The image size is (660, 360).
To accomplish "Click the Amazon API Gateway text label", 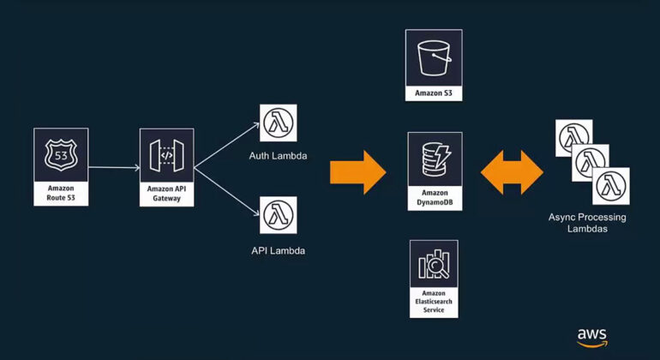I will pyautogui.click(x=166, y=193).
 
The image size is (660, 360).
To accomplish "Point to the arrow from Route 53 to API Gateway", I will pyautogui.click(x=113, y=167).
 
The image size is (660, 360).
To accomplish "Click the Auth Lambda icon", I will pyautogui.click(x=278, y=123).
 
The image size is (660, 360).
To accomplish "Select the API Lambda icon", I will pyautogui.click(x=278, y=215).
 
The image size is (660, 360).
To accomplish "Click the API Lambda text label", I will pyautogui.click(x=278, y=251).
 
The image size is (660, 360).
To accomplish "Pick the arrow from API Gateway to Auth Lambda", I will pyautogui.click(x=228, y=141).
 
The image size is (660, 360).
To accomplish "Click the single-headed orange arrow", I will pyautogui.click(x=358, y=171).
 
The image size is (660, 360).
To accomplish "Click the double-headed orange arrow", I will pyautogui.click(x=512, y=171).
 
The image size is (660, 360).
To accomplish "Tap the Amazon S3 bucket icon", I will pyautogui.click(x=434, y=57).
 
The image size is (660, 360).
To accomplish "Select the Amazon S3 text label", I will pyautogui.click(x=434, y=92).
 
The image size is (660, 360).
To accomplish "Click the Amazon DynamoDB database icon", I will pyautogui.click(x=434, y=159).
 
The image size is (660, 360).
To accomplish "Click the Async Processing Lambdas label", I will pyautogui.click(x=587, y=223).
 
